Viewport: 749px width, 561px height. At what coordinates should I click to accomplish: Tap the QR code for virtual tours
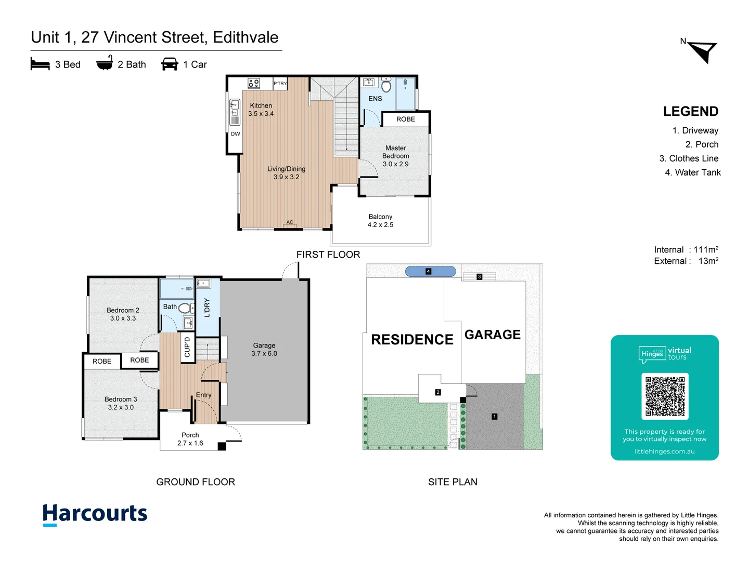tap(665, 396)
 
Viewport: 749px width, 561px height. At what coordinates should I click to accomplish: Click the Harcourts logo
tap(95, 514)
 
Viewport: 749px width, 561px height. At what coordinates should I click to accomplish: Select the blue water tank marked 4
tap(430, 271)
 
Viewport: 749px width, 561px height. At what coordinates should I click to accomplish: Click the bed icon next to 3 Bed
tap(40, 64)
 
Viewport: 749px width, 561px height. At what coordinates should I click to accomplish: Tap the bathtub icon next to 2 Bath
tap(105, 63)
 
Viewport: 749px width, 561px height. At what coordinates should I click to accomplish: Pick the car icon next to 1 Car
tap(170, 64)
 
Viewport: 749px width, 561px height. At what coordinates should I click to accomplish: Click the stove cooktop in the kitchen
tap(254, 83)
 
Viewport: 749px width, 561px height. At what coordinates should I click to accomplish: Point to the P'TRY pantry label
tap(280, 84)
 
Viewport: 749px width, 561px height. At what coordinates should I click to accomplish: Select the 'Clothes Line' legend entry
tap(689, 158)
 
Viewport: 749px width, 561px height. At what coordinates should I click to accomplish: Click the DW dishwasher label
tap(236, 134)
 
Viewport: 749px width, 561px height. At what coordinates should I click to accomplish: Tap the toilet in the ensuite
tap(386, 85)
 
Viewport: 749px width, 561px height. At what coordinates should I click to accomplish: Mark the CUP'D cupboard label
tap(187, 347)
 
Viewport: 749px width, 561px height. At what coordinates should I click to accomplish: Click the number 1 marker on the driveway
tap(494, 416)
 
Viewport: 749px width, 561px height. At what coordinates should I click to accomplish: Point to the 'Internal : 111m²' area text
tap(686, 250)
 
